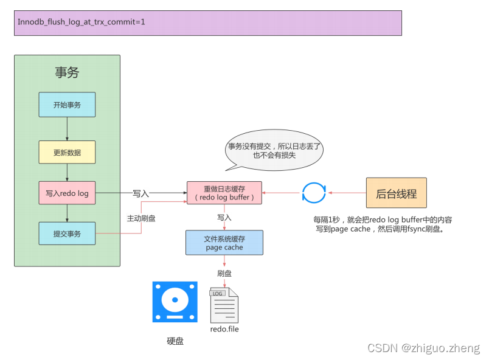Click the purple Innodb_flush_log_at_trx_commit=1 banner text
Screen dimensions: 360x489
[x=81, y=22]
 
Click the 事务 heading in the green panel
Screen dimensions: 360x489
[x=67, y=72]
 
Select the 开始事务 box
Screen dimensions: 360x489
[x=67, y=105]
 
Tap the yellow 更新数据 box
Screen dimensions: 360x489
[x=67, y=152]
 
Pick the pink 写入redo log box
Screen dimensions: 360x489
[x=67, y=193]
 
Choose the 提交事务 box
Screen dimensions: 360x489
[x=67, y=234]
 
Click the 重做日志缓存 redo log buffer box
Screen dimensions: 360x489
[x=224, y=193]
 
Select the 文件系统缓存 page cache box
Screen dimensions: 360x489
[x=224, y=242]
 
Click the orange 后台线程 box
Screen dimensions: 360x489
[x=396, y=193]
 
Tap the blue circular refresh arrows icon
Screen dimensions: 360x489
[x=314, y=193]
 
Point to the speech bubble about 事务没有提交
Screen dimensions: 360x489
[x=274, y=150]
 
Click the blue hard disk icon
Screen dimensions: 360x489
[x=175, y=302]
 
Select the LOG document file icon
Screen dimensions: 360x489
[x=224, y=305]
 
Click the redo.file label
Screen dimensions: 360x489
[x=224, y=329]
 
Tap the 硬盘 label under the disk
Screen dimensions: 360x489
[x=175, y=341]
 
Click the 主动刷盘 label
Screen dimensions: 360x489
[x=141, y=218]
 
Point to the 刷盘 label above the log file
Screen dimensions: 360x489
[x=224, y=273]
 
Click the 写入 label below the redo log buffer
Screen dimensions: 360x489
[x=224, y=217]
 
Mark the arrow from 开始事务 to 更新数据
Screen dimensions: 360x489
[x=67, y=129]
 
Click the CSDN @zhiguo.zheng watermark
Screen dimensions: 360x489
[x=423, y=348]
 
